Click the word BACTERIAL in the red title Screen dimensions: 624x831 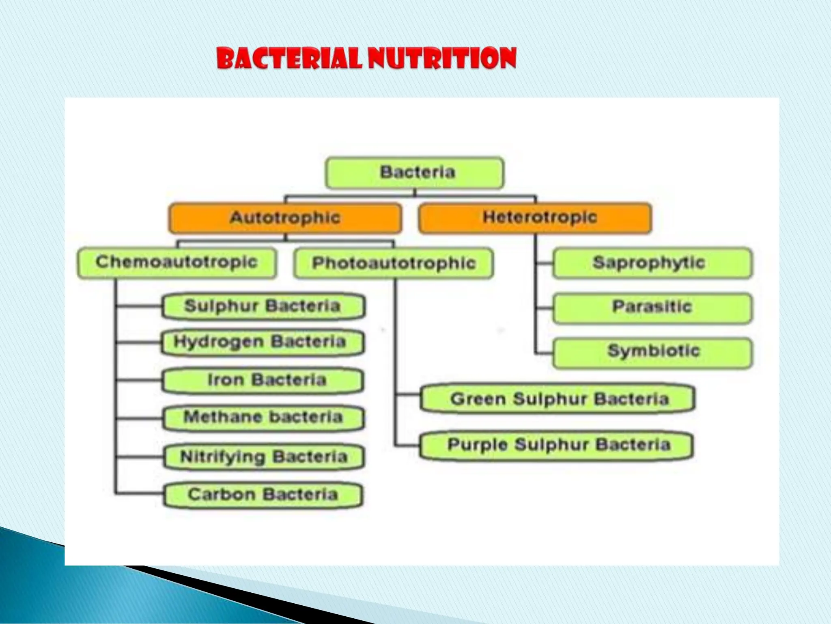coord(289,58)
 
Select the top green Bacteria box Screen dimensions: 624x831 coord(415,173)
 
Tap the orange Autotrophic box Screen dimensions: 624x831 coord(285,218)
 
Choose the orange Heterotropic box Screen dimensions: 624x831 coord(535,218)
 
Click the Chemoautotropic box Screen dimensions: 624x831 coord(177,262)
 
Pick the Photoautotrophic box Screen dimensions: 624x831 coord(394,264)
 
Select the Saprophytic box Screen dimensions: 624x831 coord(652,263)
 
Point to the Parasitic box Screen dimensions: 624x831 coord(652,308)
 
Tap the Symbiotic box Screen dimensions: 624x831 coord(652,352)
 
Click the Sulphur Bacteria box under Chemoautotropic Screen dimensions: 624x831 coord(263,306)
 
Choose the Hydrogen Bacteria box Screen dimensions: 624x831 coord(262,342)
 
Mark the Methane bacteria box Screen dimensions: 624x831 coord(263,418)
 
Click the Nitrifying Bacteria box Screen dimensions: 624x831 coord(264,457)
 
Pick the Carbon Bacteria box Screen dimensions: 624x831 coord(263,495)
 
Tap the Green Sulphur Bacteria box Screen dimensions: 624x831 coord(558,399)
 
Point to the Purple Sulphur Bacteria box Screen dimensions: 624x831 coord(557,445)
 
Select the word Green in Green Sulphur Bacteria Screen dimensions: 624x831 coord(478,399)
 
